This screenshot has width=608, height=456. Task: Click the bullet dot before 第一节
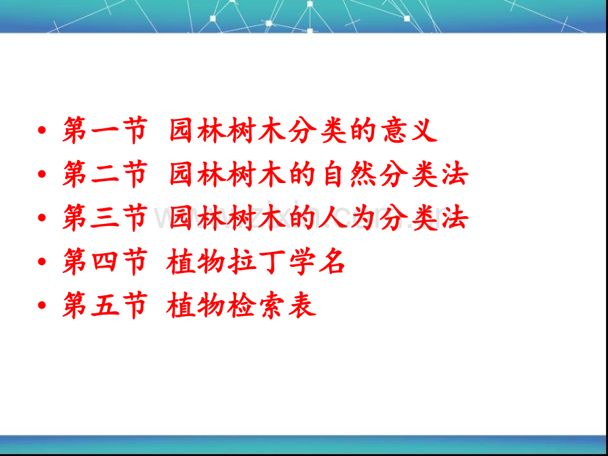coord(42,130)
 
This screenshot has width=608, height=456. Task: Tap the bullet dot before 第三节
coord(42,218)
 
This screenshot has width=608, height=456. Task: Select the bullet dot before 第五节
coord(42,305)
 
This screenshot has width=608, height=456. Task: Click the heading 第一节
coord(105,130)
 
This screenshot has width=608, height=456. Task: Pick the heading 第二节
coord(105,174)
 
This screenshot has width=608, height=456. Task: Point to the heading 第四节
coord(105,262)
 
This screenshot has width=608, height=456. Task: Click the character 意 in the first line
coord(394,130)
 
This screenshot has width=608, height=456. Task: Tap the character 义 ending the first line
coord(424,130)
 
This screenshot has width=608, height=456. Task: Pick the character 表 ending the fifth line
coord(302,305)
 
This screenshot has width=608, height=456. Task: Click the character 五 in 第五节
coord(104,305)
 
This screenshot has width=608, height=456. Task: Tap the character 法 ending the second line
coord(455,174)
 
